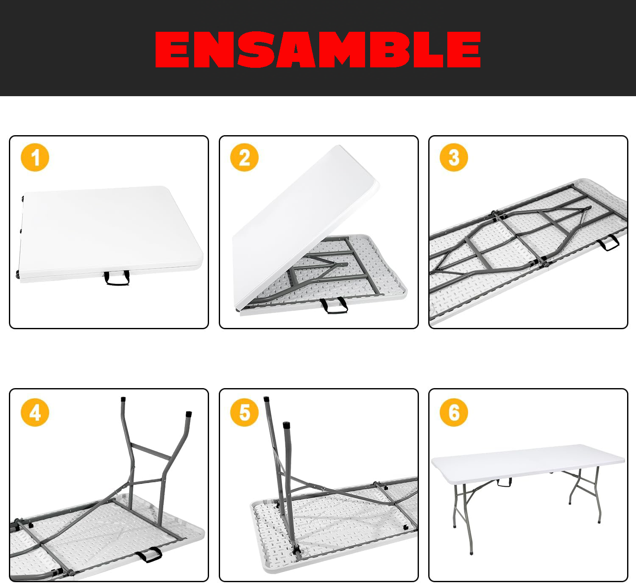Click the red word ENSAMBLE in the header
point(318,50)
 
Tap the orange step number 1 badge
point(35,158)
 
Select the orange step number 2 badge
point(245,158)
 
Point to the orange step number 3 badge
point(454,158)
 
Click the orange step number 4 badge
point(35,413)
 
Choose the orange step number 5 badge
point(245,413)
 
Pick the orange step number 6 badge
point(454,413)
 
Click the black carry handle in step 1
point(117,278)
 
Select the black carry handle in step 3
point(608,243)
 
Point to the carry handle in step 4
point(149,555)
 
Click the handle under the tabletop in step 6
point(504,483)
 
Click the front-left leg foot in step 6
point(471,552)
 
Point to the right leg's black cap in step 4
point(189,414)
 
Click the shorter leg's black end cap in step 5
point(286,425)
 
